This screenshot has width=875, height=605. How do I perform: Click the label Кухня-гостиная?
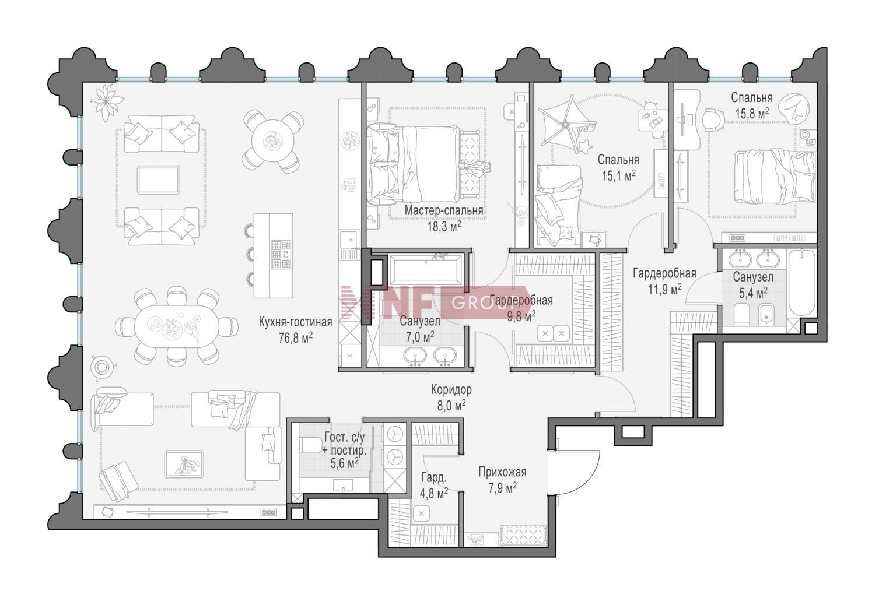pos(295,322)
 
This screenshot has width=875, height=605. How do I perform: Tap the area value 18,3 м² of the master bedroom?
pos(444,227)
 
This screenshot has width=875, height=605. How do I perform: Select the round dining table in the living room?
pos(272,141)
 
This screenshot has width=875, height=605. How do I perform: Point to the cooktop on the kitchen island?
pos(281,254)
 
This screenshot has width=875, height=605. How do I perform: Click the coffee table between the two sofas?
pos(158,180)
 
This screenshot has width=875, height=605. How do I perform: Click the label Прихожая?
pos(502,472)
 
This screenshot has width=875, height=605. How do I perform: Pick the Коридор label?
pos(451,389)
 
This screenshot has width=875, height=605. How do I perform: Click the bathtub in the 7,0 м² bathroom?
pos(426,269)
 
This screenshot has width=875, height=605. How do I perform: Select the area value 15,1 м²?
pos(618,176)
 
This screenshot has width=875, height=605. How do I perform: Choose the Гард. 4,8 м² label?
pos(433,485)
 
